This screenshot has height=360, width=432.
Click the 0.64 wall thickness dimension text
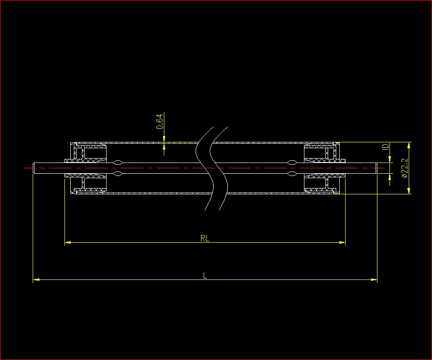(x=160, y=122)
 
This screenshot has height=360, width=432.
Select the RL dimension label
(x=205, y=239)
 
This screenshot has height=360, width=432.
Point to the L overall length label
(x=205, y=275)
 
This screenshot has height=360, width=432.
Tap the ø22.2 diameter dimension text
(x=404, y=168)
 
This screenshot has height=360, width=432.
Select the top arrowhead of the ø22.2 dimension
(x=409, y=146)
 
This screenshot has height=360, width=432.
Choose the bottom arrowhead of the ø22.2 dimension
(x=409, y=191)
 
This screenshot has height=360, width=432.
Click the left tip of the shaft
(x=34, y=168)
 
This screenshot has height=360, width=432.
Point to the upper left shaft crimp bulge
(x=119, y=162)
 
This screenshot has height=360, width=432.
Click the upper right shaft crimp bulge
(x=291, y=162)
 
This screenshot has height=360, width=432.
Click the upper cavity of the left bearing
(x=95, y=153)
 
